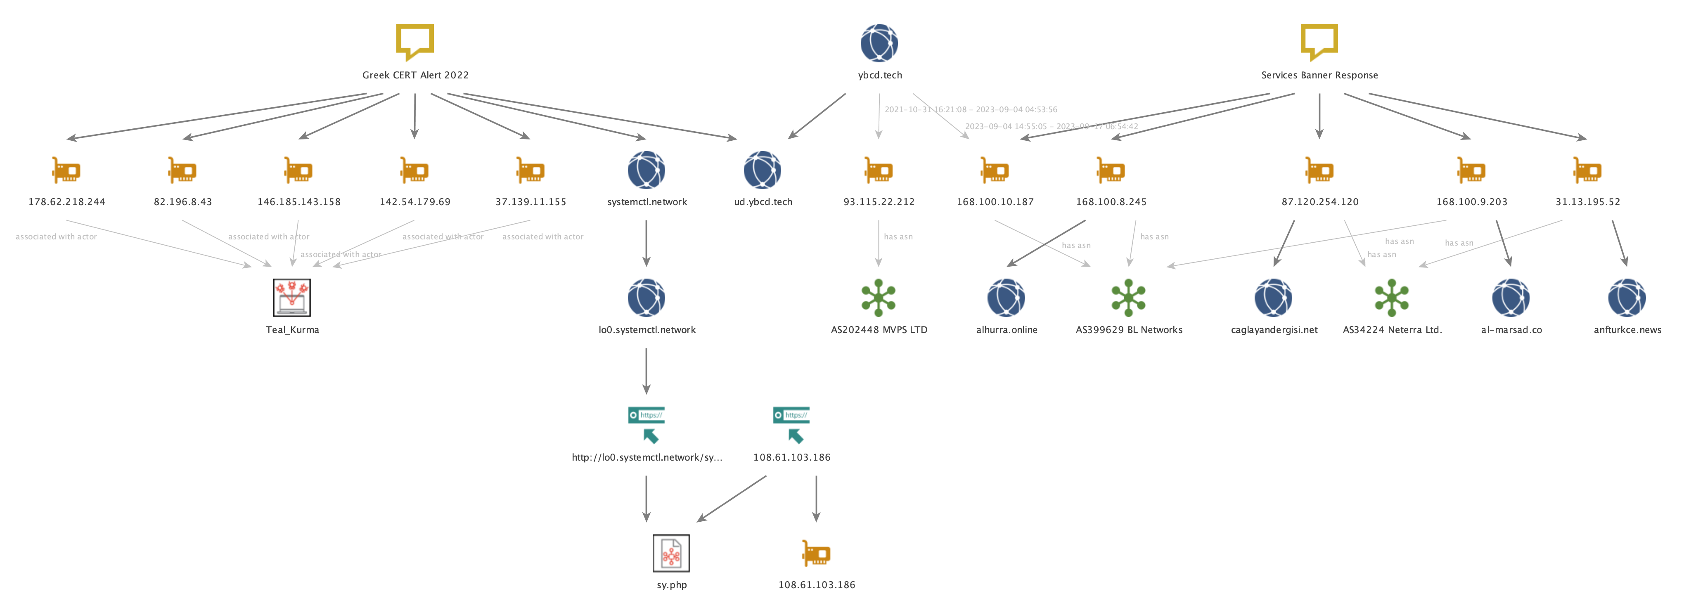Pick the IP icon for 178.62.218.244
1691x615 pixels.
click(x=66, y=170)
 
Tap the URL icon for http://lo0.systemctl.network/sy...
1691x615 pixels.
click(x=647, y=425)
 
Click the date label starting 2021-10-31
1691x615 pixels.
click(x=970, y=110)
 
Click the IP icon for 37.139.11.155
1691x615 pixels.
click(x=531, y=170)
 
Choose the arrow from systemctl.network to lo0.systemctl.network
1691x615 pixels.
click(x=647, y=243)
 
